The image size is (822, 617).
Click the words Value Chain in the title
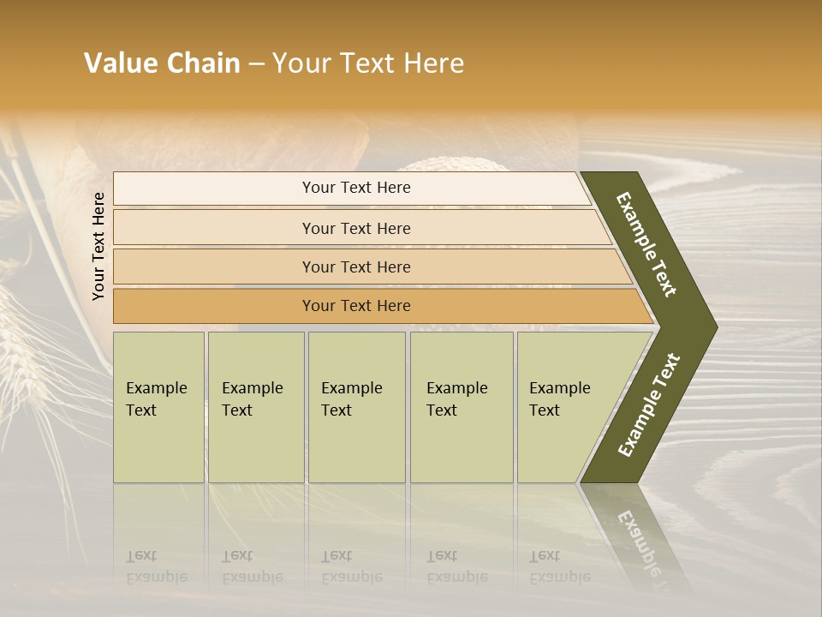[162, 63]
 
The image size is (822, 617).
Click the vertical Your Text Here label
[98, 246]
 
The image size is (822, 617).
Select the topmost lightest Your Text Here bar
[356, 188]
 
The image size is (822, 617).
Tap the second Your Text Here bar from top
[356, 228]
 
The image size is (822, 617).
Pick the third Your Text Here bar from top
[356, 267]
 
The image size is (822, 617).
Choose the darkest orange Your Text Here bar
[356, 306]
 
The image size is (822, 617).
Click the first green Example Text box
[158, 407]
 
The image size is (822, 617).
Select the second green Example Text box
[256, 407]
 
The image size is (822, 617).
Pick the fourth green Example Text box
[462, 407]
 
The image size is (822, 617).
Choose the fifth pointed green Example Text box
[565, 407]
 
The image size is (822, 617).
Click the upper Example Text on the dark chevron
[647, 244]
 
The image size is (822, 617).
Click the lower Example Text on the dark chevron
[649, 404]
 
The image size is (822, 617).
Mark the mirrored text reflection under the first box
[157, 566]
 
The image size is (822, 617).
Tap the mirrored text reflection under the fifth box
[560, 566]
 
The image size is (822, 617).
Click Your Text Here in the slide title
[368, 63]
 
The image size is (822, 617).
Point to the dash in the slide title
[256, 64]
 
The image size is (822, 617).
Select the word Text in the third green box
[337, 410]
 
